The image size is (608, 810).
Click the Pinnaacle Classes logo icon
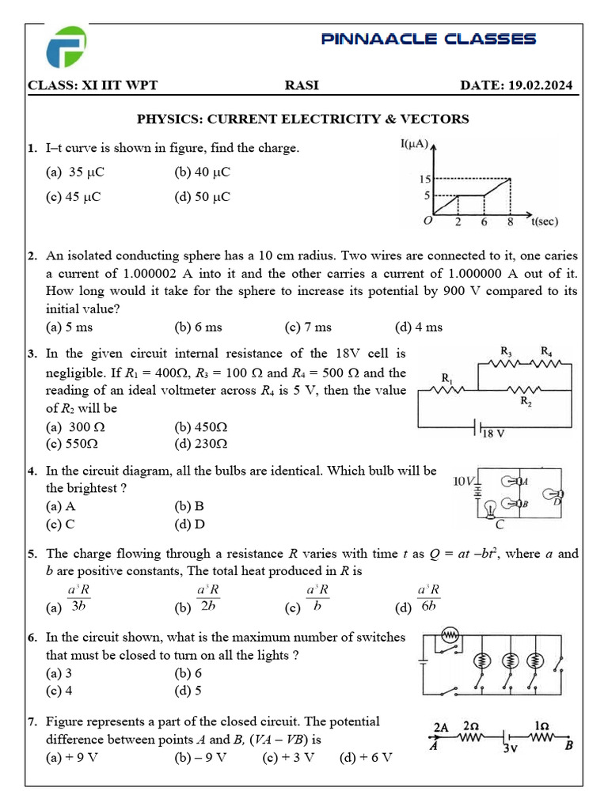click(66, 47)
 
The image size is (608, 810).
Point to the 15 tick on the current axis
click(424, 180)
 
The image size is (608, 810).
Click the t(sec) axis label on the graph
click(543, 221)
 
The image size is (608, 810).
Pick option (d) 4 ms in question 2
click(419, 327)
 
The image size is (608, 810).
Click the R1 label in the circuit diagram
click(447, 382)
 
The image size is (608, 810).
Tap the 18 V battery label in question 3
click(493, 433)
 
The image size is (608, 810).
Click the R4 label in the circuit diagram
click(546, 350)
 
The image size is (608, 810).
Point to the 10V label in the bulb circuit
click(463, 481)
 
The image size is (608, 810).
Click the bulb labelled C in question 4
click(490, 509)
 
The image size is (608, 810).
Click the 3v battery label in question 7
click(511, 750)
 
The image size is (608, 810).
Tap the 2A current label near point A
click(440, 727)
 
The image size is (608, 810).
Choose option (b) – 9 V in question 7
click(200, 757)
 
